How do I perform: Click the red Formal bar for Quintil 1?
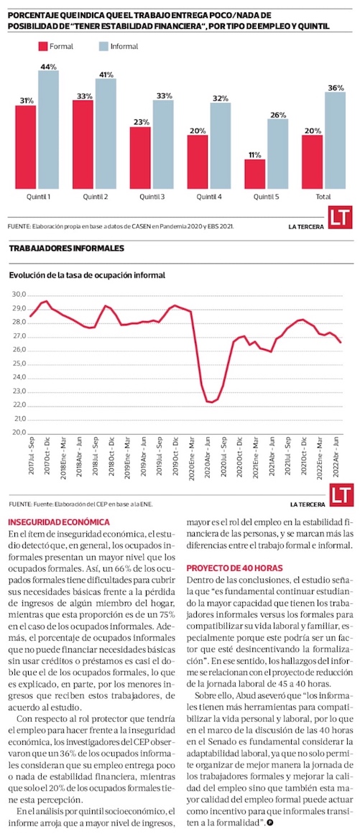coord(26,147)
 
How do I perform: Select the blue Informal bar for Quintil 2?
coord(106,134)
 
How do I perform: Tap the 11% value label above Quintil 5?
coord(254,155)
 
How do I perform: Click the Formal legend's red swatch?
coord(43,47)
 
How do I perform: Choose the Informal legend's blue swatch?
coord(103,47)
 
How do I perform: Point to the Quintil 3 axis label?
coord(152,197)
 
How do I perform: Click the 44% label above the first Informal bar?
coord(48,66)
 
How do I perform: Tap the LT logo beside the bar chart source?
coord(340,219)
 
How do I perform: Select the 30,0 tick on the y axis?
coord(20,295)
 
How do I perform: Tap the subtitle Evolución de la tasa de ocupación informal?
coord(87,275)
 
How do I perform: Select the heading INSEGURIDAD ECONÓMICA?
coord(60,522)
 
